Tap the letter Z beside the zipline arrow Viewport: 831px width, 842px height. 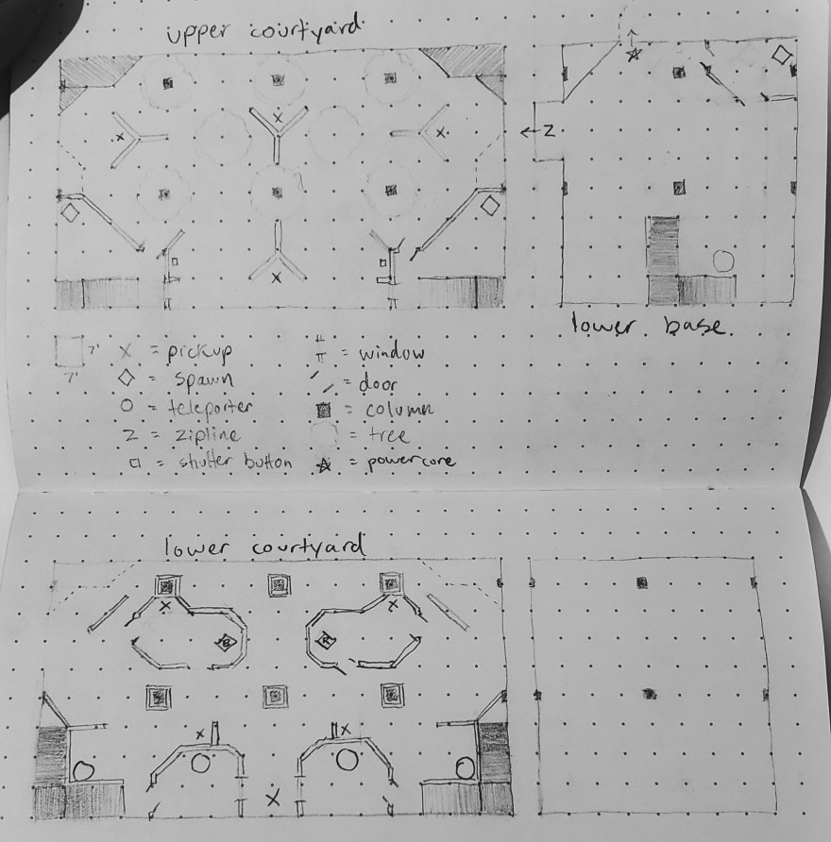point(549,130)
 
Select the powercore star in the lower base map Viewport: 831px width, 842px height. point(634,54)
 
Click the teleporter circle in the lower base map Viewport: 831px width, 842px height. point(723,261)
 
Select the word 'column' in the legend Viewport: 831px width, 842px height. point(399,411)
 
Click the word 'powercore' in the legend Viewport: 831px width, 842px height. point(411,462)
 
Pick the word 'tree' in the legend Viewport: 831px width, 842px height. point(389,434)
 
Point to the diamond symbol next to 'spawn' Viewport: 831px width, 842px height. point(127,378)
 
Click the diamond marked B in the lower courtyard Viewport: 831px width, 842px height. point(226,641)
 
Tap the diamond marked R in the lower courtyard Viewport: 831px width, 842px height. point(326,640)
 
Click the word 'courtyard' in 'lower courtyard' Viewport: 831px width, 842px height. point(309,547)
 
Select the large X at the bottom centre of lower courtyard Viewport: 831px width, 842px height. point(274,798)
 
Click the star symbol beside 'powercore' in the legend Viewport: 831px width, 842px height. point(324,465)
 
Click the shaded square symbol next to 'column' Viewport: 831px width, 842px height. point(323,411)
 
